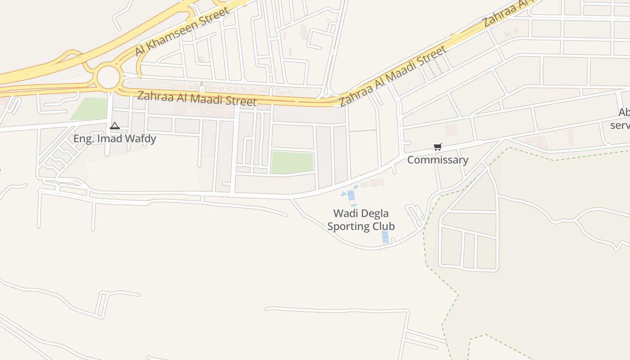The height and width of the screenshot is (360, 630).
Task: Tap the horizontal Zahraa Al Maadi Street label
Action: point(197,98)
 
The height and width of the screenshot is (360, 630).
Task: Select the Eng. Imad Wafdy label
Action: point(115,139)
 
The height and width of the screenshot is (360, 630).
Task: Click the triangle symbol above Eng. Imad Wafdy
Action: point(115,126)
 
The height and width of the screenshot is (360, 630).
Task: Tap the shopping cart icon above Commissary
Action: point(437,147)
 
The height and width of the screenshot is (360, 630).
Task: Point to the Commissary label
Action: point(437,160)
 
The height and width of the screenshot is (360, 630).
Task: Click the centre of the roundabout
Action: point(108,78)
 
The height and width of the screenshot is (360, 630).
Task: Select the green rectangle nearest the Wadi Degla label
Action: point(292,162)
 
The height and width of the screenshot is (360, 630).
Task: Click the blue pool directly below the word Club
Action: point(385,237)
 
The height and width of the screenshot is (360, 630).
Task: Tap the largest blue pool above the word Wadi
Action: point(351,196)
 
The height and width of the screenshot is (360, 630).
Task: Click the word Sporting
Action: point(349,226)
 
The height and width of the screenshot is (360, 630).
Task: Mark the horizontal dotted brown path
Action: point(363,131)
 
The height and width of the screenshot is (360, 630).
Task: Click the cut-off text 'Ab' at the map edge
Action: point(624,112)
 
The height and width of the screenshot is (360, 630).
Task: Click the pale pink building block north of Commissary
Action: point(451,130)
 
